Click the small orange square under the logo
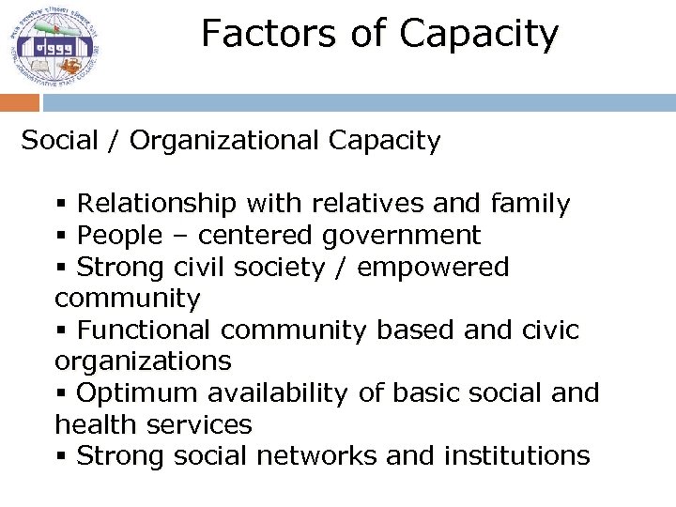[19, 102]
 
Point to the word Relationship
[158, 204]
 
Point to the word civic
[547, 330]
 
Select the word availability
[280, 393]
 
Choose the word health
[96, 425]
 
